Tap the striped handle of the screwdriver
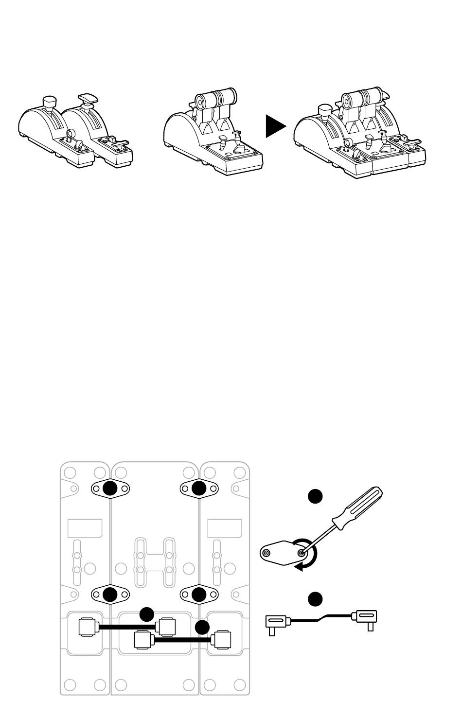[x=361, y=507]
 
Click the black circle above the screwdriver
[x=316, y=496]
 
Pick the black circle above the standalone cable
[x=316, y=599]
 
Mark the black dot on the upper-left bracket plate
[x=110, y=488]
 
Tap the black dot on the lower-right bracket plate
[x=199, y=594]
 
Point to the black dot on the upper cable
[x=147, y=614]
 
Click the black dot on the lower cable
[x=202, y=628]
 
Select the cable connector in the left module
[x=88, y=627]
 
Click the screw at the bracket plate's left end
[x=266, y=553]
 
